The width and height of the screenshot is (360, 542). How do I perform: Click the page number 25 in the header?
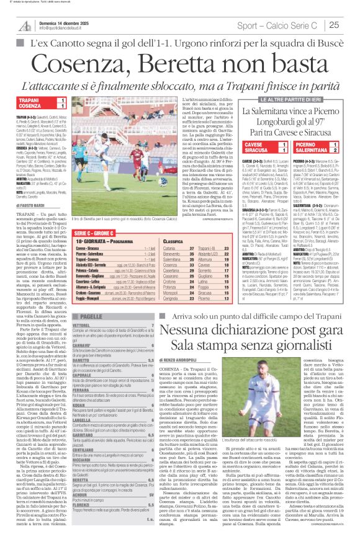(x=335, y=25)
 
